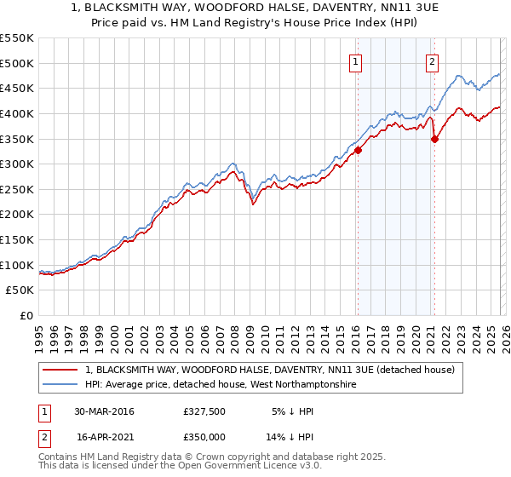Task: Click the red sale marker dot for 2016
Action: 358,150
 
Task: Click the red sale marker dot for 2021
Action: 434,139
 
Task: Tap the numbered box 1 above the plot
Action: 355,60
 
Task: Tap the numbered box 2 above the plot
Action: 433,60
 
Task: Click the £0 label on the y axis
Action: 26,316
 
